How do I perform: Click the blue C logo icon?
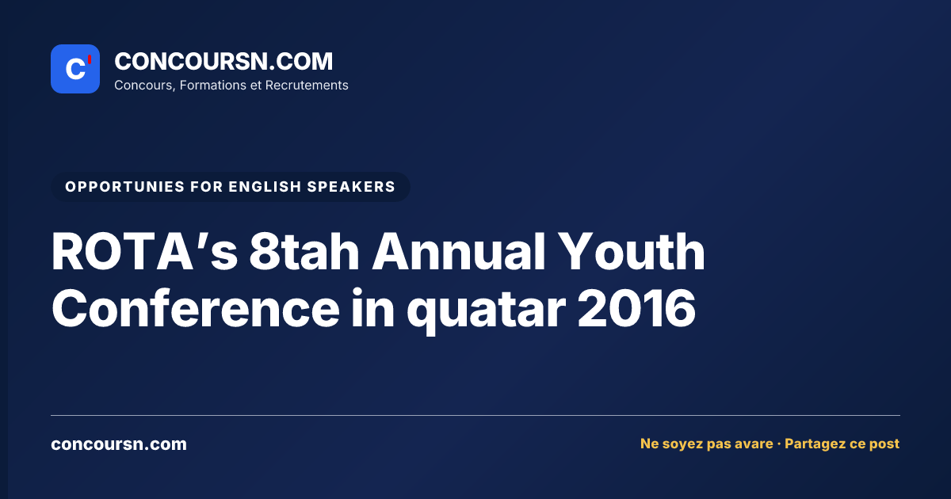point(75,69)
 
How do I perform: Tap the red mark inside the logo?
point(90,59)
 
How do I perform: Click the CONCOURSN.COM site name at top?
point(223,61)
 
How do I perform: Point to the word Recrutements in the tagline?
point(307,86)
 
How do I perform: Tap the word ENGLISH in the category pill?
point(265,187)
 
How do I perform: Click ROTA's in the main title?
point(144,252)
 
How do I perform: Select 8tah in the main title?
point(304,252)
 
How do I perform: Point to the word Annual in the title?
point(458,252)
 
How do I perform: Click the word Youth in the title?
point(632,252)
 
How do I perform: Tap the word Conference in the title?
point(196,308)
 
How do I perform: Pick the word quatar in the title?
point(486,312)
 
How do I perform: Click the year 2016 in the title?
point(636,308)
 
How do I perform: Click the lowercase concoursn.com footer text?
point(119,444)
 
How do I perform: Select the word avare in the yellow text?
point(754,444)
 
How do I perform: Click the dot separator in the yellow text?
point(779,444)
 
